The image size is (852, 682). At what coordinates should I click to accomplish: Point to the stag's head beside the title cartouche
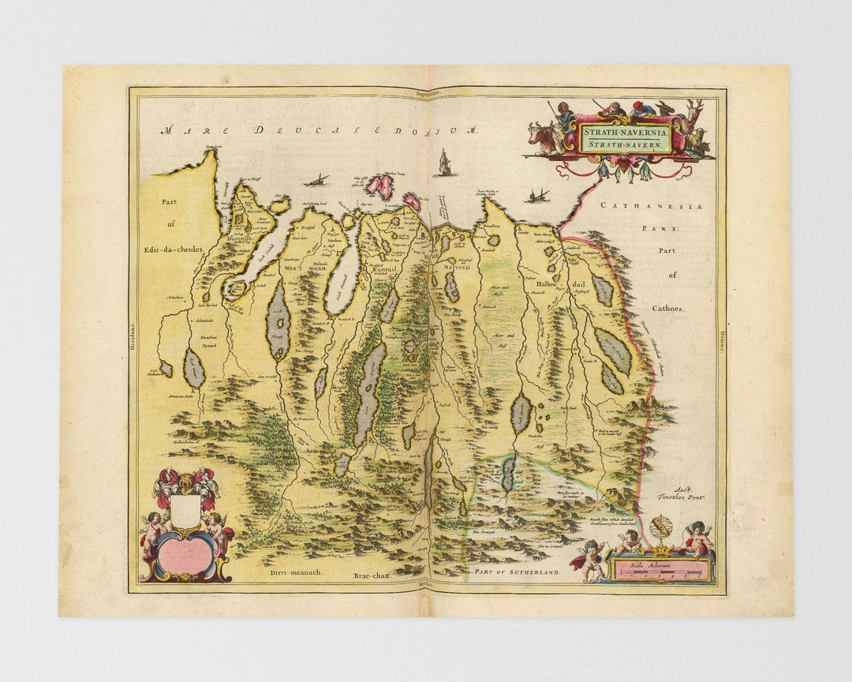[x=695, y=114]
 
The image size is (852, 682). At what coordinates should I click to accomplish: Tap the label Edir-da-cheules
[x=174, y=249]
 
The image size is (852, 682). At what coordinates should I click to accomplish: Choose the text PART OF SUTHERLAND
[x=516, y=571]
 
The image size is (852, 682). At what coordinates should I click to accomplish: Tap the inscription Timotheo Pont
[x=681, y=497]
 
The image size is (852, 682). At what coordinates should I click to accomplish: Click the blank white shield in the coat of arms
[x=185, y=511]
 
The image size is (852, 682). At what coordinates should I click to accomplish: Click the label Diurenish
[x=237, y=238]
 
